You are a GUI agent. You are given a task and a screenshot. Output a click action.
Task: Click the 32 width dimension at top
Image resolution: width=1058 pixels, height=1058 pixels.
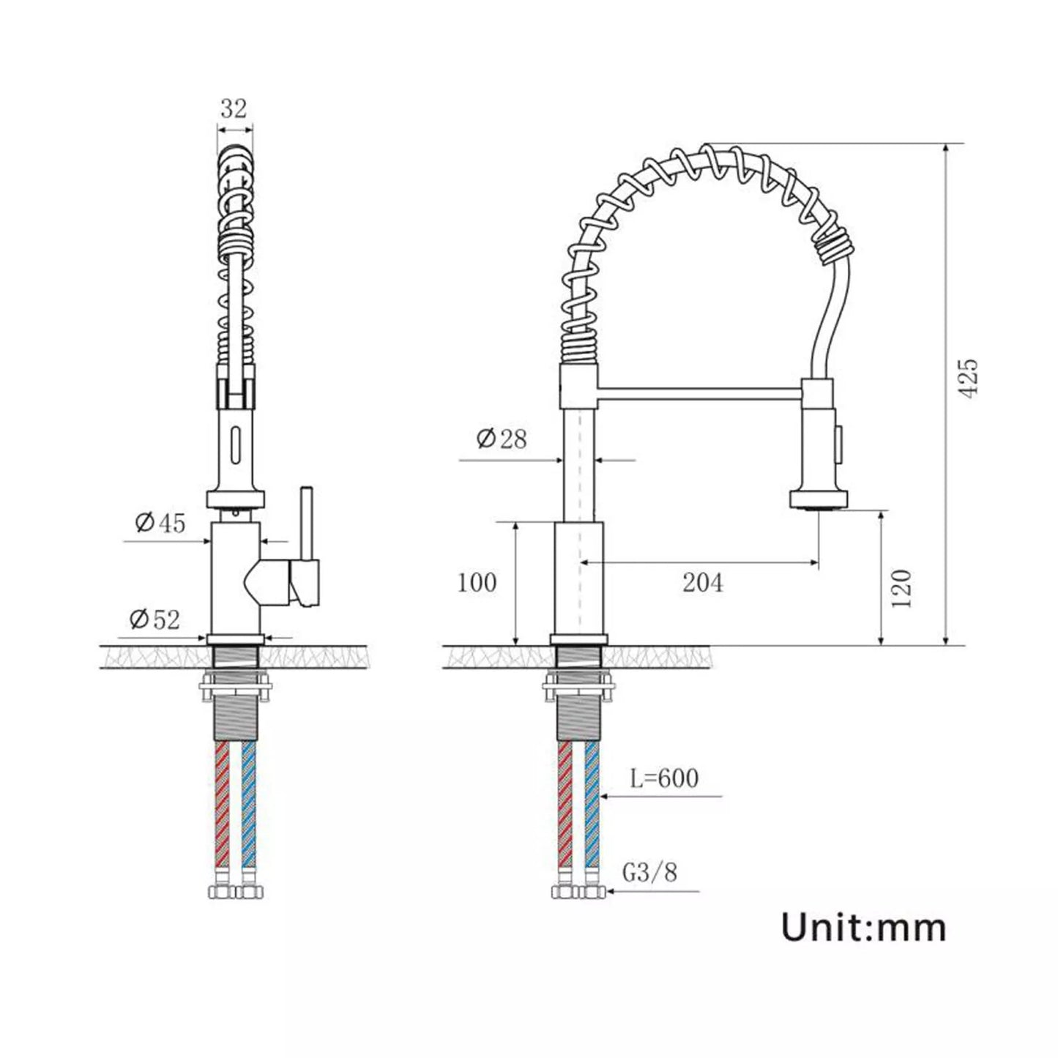coord(234,108)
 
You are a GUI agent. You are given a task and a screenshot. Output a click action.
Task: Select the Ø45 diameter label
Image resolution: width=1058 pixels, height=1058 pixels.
coord(160,523)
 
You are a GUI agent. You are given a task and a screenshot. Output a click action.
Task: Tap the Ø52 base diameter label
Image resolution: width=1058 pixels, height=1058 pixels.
coord(154,619)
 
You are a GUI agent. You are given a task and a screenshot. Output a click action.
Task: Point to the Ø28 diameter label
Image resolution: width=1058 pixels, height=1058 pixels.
coord(502,439)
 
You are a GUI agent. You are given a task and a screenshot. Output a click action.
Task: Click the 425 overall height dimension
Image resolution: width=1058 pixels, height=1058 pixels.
coord(968,379)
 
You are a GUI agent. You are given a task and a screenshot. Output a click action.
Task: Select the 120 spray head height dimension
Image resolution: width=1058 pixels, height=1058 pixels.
coord(902,587)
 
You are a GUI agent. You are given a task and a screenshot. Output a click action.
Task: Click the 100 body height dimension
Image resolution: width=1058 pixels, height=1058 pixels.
coord(477,583)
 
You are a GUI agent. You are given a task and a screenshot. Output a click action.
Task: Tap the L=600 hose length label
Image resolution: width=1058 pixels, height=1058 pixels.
coord(664,778)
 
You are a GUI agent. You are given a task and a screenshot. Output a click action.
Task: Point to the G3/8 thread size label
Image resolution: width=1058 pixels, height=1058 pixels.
coord(650,873)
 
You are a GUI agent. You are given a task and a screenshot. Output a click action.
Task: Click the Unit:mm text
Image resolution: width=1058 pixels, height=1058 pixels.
coord(863,928)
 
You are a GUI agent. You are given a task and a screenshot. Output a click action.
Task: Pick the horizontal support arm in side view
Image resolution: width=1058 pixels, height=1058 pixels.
coord(699,395)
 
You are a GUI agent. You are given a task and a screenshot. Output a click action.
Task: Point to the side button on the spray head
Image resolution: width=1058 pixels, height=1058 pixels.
coord(841,439)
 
